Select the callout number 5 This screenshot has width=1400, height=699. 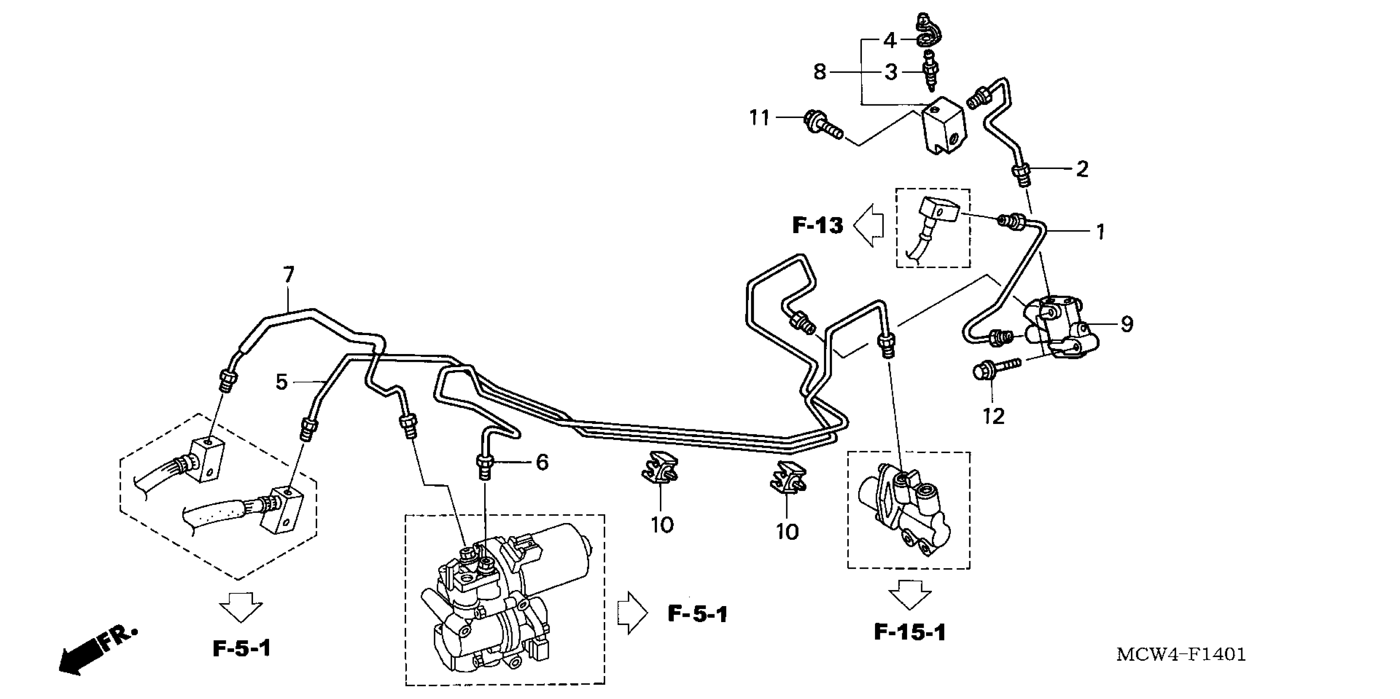pos(281,382)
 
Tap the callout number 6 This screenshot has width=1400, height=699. pos(542,462)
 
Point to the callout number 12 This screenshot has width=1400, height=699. pos(994,417)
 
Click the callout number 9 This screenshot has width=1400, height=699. pos(1127,324)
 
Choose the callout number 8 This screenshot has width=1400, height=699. pos(820,72)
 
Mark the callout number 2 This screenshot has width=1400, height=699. pos(1082,169)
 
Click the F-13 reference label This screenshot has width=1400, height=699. pos(817,225)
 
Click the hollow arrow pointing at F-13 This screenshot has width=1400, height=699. pos(869,225)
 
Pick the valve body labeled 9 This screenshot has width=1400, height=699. pos(1060,326)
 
